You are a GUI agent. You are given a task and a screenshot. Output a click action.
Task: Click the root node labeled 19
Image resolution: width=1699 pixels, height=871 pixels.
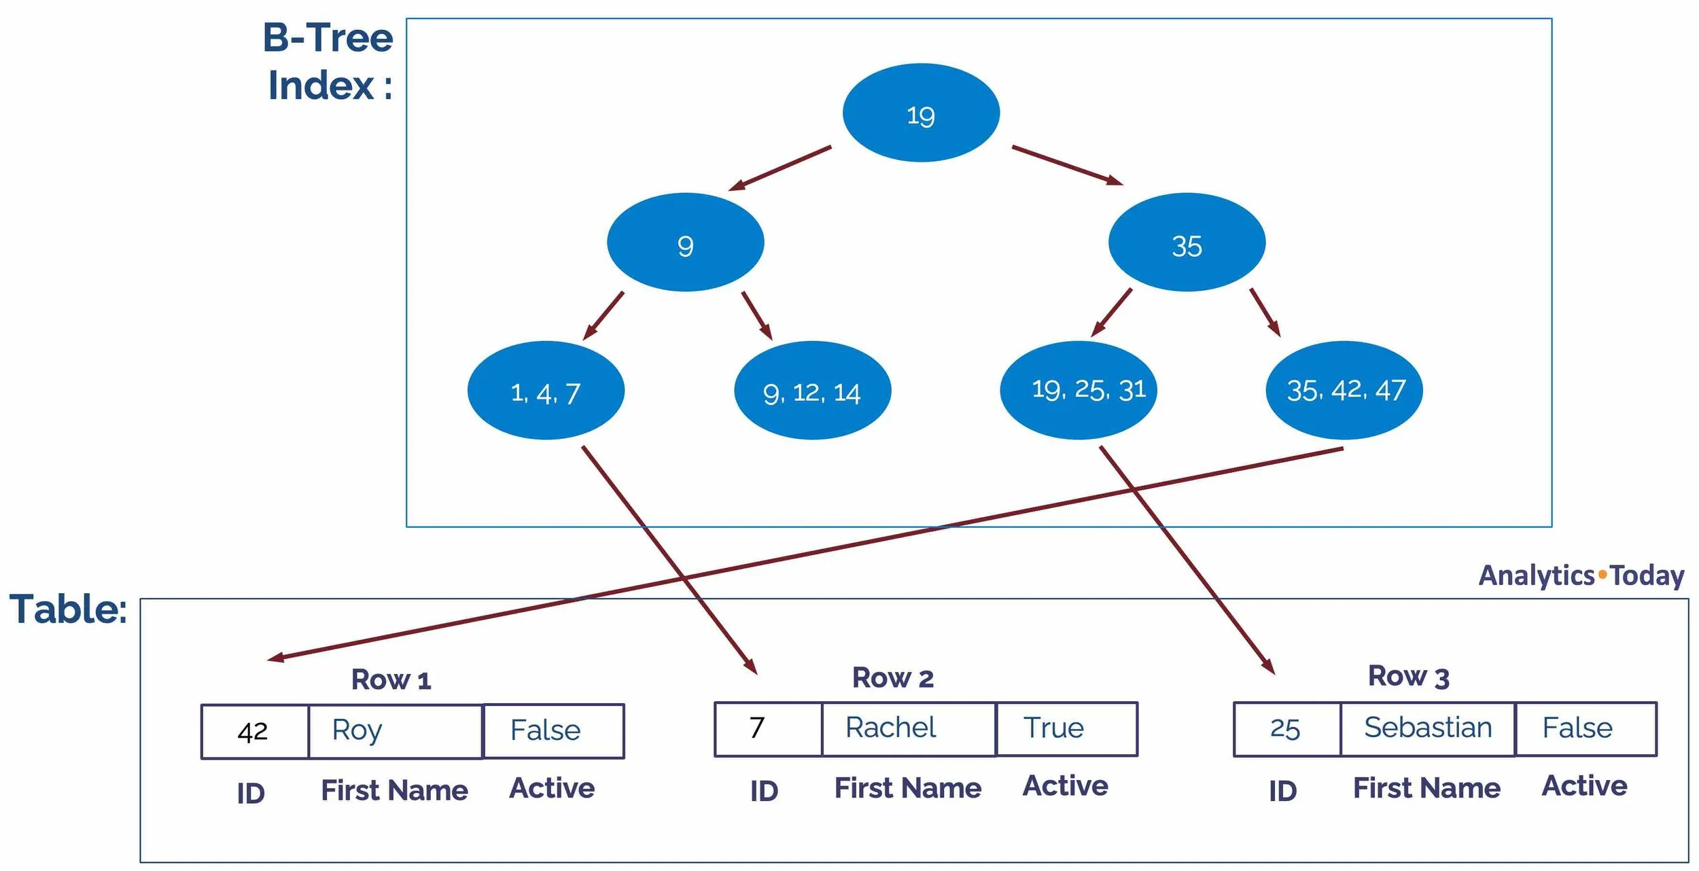[x=920, y=113]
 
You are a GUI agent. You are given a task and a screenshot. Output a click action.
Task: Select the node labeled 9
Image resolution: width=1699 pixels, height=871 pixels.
[x=685, y=243]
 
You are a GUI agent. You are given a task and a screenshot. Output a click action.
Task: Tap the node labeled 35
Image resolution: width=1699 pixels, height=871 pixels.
[x=1186, y=243]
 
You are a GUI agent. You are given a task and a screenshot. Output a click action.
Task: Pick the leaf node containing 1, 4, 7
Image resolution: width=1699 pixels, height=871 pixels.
[x=545, y=391]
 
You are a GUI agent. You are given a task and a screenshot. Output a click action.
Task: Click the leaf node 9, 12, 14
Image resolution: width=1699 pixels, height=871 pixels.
[x=812, y=391]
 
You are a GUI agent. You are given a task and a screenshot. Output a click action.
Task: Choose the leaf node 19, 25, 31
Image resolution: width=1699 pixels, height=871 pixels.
[x=1078, y=391]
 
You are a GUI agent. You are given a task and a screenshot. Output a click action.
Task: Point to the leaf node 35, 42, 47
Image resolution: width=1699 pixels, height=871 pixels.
[x=1344, y=391]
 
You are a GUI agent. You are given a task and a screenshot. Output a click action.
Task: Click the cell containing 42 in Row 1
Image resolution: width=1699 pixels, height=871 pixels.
[x=254, y=732]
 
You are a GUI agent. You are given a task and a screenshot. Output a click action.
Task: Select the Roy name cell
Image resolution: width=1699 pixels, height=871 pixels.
[x=395, y=732]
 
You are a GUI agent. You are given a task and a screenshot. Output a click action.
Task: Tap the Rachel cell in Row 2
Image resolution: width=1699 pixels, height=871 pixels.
[x=908, y=729]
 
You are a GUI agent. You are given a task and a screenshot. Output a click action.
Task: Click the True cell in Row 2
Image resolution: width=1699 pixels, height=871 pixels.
[x=1066, y=729]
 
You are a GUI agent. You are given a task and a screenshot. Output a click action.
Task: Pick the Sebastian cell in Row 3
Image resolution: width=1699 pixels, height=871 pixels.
[x=1427, y=729]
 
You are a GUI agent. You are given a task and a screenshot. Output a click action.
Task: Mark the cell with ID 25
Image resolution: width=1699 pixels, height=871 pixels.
[x=1286, y=729]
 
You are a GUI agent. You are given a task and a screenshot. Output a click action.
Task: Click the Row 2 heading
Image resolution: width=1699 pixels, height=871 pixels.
[x=892, y=678]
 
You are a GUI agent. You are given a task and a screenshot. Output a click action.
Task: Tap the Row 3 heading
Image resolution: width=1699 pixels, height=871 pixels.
[x=1408, y=677]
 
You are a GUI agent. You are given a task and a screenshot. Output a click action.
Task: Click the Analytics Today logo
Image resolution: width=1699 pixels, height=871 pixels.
[x=1581, y=575]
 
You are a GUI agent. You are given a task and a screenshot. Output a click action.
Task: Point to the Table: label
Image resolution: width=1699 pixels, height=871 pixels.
[x=68, y=609]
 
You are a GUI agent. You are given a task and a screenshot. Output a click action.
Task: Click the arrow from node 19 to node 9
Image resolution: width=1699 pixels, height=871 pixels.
[x=780, y=168]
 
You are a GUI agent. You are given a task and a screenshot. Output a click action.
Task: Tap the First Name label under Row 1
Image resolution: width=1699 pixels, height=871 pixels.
[x=394, y=790]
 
